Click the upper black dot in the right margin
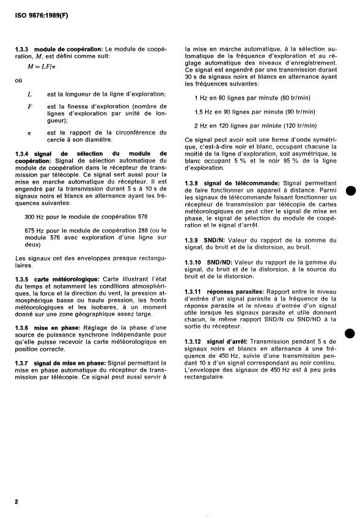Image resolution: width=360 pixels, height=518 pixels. (350, 189)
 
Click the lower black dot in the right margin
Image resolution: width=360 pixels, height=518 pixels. (350, 334)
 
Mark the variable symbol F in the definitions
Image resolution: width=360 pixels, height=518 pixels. (29, 106)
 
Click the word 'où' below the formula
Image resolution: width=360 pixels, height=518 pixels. (17, 80)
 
